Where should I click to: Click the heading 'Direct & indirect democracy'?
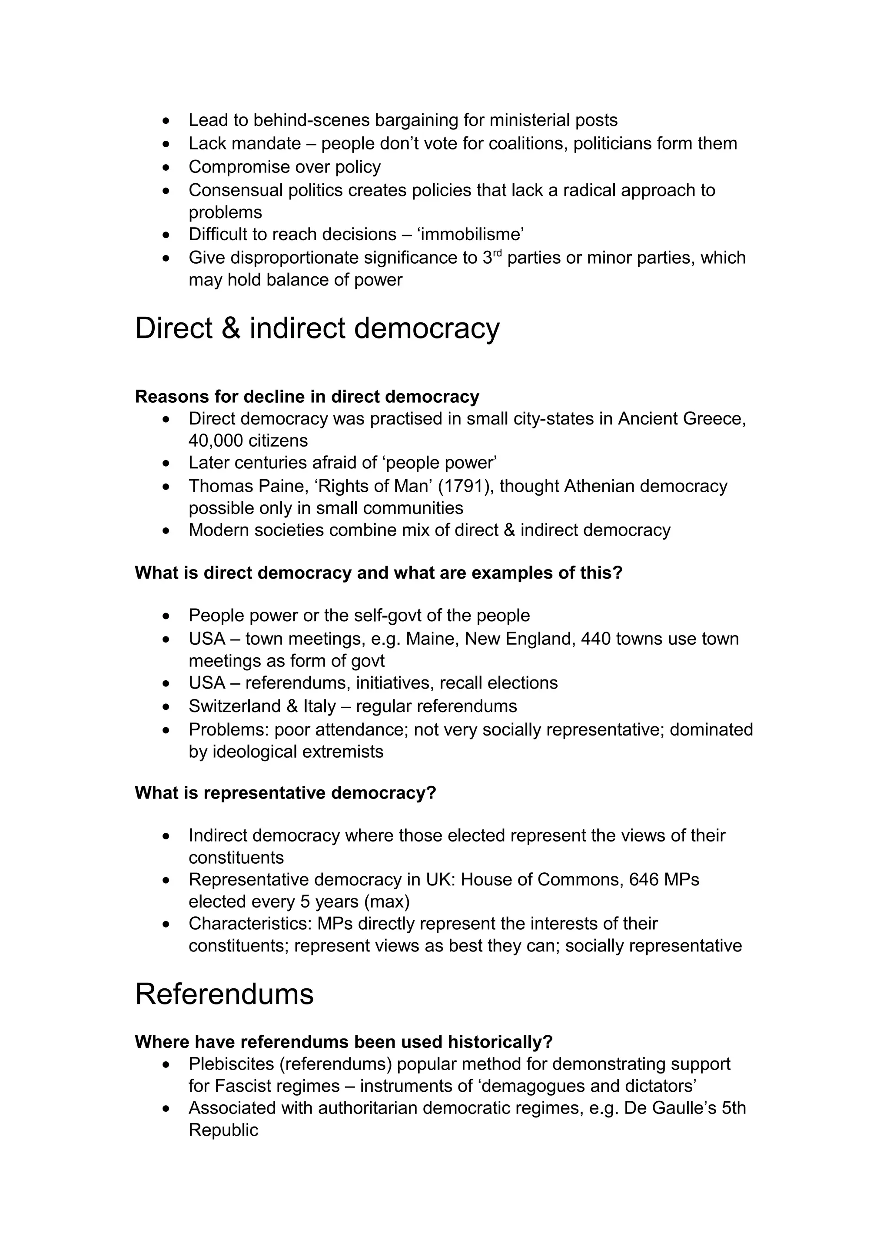(317, 328)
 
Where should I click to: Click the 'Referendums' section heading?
(224, 994)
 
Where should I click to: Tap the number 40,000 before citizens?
(216, 441)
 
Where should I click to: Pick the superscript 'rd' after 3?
(498, 254)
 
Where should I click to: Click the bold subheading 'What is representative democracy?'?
(285, 793)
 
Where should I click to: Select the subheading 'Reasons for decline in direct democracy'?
(307, 397)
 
